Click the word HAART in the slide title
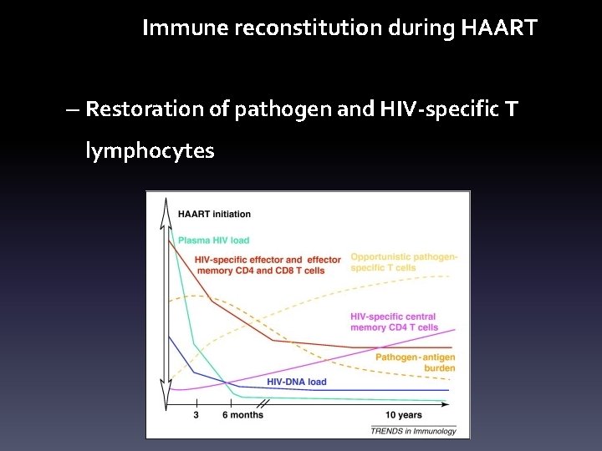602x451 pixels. coord(499,29)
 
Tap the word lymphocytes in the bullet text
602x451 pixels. coord(150,151)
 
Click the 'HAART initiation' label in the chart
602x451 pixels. coord(214,215)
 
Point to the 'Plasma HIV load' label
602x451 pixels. coord(213,241)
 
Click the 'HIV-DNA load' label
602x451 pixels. coord(297,382)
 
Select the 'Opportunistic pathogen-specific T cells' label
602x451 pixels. coord(404,262)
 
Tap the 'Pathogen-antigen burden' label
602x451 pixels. coord(416,362)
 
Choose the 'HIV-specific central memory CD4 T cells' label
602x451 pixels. coord(394,322)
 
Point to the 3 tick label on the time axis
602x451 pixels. coord(196,415)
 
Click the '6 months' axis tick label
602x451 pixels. coord(242,415)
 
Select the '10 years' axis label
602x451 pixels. coord(403,415)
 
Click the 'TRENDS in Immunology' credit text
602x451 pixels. coord(414,430)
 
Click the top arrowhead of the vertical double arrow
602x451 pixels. coord(168,204)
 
